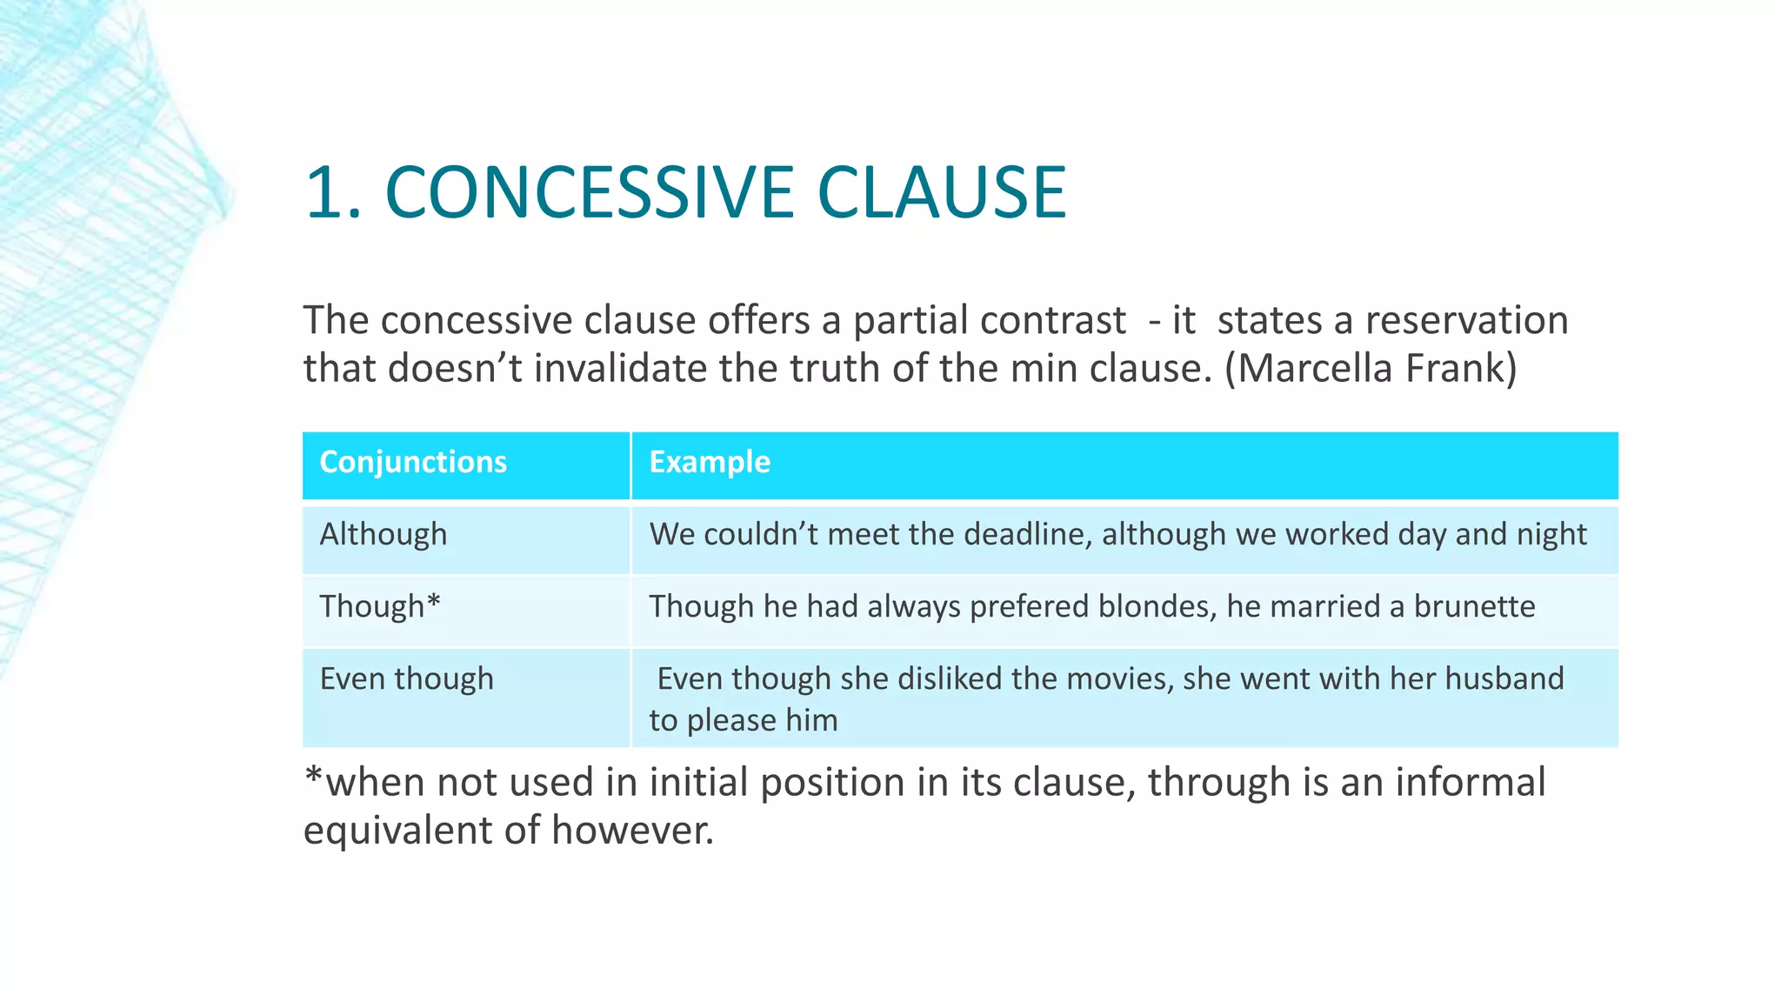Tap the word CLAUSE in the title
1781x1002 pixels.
pos(941,193)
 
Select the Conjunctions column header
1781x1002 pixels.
pos(413,462)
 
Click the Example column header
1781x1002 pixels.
pos(710,462)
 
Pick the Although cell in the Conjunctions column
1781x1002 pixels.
pos(384,534)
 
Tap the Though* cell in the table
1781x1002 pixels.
pos(380,606)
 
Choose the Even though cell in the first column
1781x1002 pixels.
pos(406,678)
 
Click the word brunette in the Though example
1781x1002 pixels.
pos(1474,606)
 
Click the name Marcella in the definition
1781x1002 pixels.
pos(1316,368)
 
